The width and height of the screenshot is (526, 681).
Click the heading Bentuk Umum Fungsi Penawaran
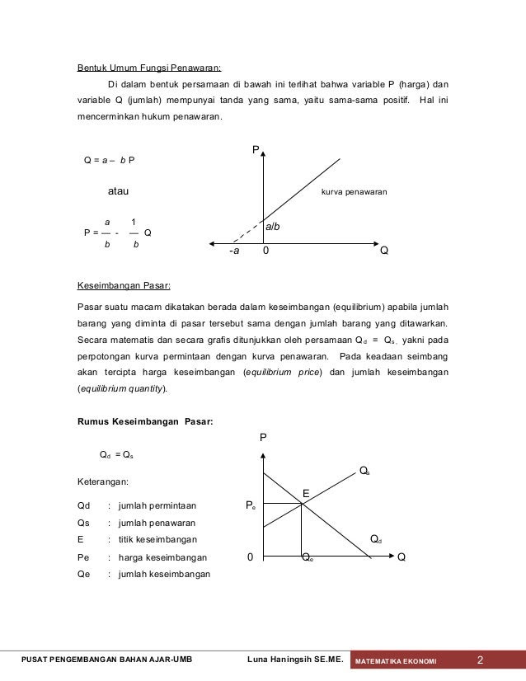(x=148, y=67)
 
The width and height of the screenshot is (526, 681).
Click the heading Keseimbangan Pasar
(x=124, y=286)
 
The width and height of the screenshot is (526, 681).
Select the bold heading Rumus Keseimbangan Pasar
(x=144, y=422)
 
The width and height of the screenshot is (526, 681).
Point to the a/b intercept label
(x=273, y=225)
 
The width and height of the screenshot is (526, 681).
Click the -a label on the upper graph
(x=234, y=252)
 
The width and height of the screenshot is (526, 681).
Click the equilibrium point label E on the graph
(x=305, y=493)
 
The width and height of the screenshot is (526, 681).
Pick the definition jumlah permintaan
(x=157, y=505)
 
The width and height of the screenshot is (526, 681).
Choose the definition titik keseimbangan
(x=157, y=539)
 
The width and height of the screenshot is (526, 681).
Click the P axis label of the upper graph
(x=256, y=149)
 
